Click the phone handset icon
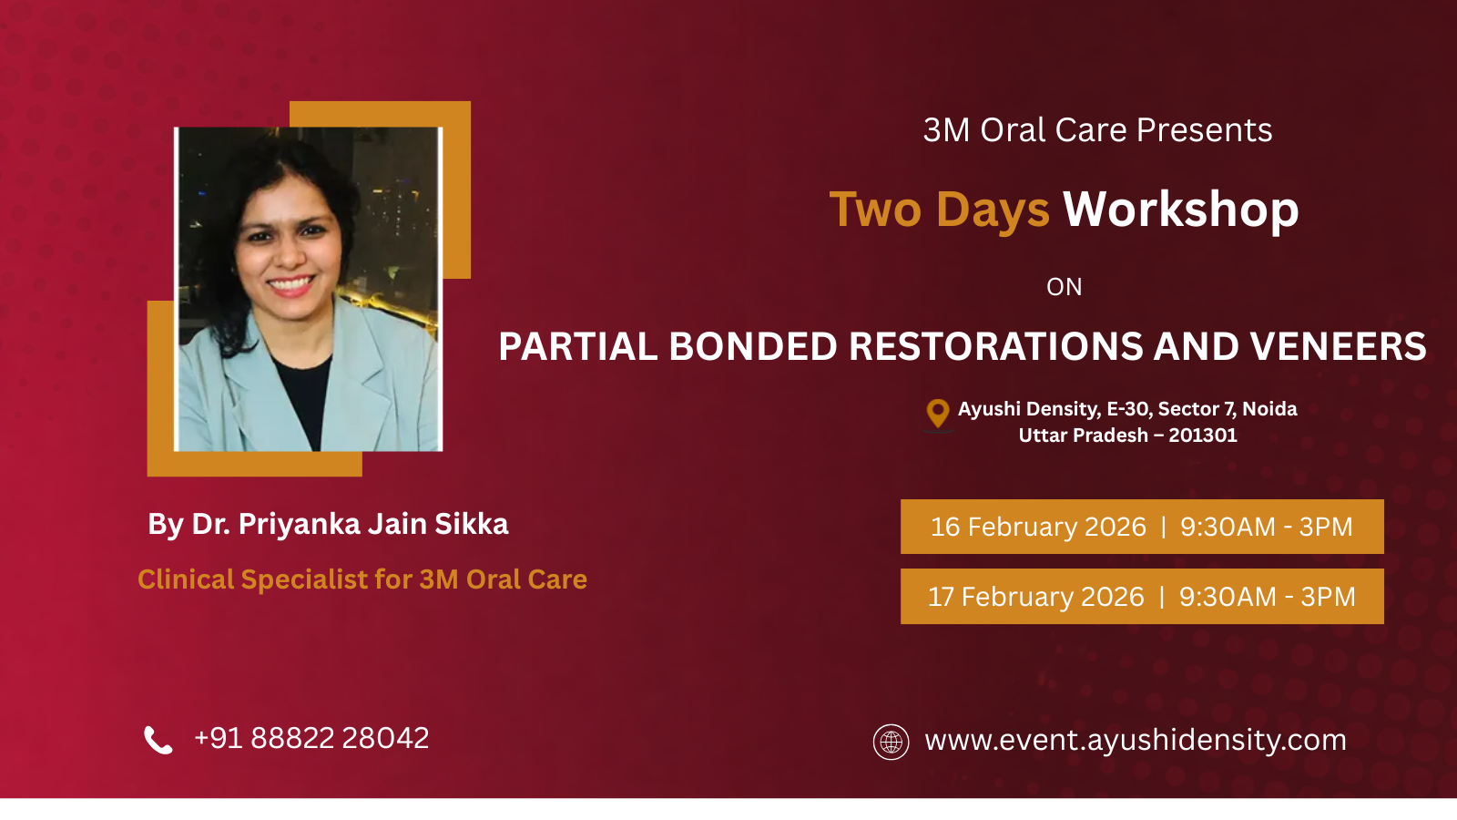click(x=158, y=740)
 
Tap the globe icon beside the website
click(x=891, y=742)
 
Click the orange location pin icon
click(x=937, y=414)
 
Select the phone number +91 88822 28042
click(x=311, y=738)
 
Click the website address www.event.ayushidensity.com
click(x=1136, y=741)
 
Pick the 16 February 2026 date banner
click(x=1142, y=527)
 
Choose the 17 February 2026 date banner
click(x=1142, y=596)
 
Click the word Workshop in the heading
click(x=1180, y=210)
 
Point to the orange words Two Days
click(x=939, y=210)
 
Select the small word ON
click(x=1065, y=287)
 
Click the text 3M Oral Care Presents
click(x=1097, y=130)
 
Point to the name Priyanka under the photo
click(x=299, y=525)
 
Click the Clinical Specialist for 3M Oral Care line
click(x=362, y=579)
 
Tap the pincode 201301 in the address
click(x=1203, y=435)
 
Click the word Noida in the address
click(x=1269, y=409)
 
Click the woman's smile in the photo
click(x=290, y=284)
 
